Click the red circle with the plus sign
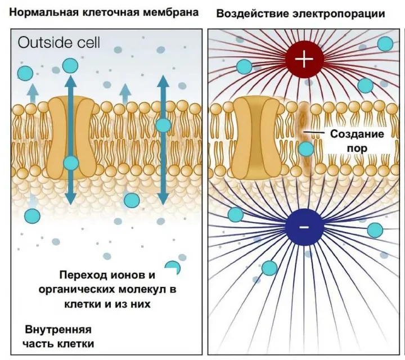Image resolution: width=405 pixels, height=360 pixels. click(x=304, y=59)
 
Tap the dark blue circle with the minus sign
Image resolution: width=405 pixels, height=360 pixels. click(x=304, y=226)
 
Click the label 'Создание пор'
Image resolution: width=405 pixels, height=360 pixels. click(x=357, y=141)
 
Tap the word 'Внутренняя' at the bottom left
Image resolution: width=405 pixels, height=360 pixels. click(x=58, y=329)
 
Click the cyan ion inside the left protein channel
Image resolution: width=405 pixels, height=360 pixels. click(x=71, y=163)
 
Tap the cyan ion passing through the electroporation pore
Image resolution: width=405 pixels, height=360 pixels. click(x=305, y=149)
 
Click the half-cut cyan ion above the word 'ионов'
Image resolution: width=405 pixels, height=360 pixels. click(x=172, y=267)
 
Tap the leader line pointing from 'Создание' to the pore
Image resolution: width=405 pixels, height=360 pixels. click(x=313, y=133)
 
